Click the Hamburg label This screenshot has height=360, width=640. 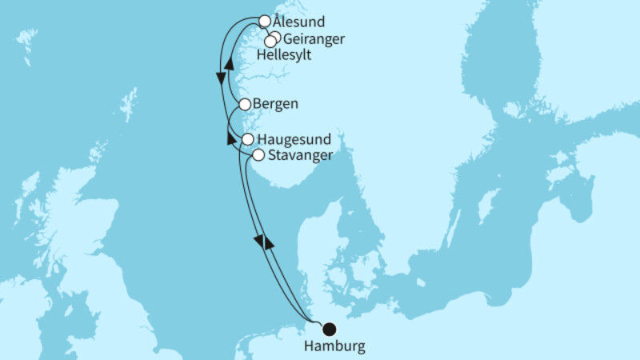click(x=335, y=346)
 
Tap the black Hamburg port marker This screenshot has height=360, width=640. click(x=328, y=327)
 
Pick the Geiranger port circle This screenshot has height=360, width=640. click(x=275, y=38)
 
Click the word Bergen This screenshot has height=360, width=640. click(x=275, y=104)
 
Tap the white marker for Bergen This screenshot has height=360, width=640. click(x=245, y=104)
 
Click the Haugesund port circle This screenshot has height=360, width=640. click(x=248, y=139)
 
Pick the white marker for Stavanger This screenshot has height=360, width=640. click(x=258, y=155)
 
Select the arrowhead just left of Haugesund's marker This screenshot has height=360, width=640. click(x=231, y=138)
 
